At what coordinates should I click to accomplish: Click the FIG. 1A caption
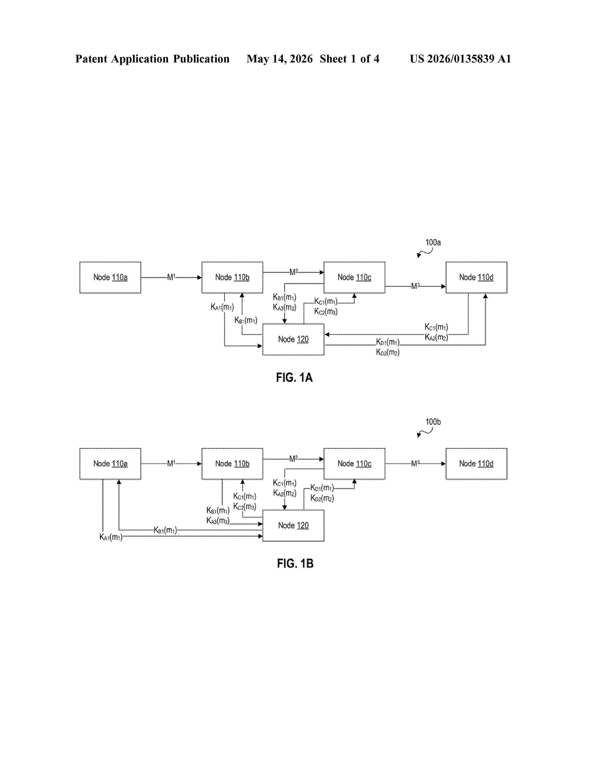point(294,378)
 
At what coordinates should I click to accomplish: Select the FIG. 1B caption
point(295,563)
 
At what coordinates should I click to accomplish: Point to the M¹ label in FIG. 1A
point(171,277)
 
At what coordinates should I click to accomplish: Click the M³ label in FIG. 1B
point(416,463)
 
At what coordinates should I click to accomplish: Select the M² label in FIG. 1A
point(294,272)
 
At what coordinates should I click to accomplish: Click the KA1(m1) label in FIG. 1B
point(111,537)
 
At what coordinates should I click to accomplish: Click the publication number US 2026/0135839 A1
point(460,59)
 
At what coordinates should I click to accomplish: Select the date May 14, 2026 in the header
point(280,59)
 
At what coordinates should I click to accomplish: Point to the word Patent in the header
point(91,59)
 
